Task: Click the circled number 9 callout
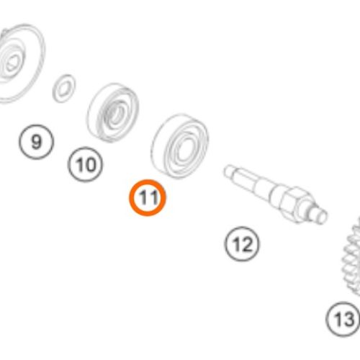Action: click(36, 142)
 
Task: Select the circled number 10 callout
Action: click(85, 164)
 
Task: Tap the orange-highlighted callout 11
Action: click(148, 198)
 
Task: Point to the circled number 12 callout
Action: click(242, 244)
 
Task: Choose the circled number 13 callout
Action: click(343, 319)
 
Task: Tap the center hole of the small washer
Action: click(63, 89)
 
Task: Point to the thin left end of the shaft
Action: click(228, 171)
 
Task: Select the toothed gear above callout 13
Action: click(351, 257)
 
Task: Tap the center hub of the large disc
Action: click(11, 63)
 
